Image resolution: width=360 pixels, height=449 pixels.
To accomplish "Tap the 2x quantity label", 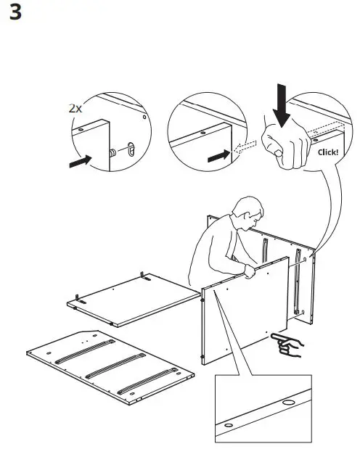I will coord(75,108).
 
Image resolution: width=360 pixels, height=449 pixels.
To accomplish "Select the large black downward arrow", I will coord(281,103).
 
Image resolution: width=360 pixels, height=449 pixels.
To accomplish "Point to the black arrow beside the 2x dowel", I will coord(81,161).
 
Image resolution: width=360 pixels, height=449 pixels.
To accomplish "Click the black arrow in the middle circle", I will coord(216,155).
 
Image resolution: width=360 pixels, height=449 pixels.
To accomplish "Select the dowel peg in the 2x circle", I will coord(114,153).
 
